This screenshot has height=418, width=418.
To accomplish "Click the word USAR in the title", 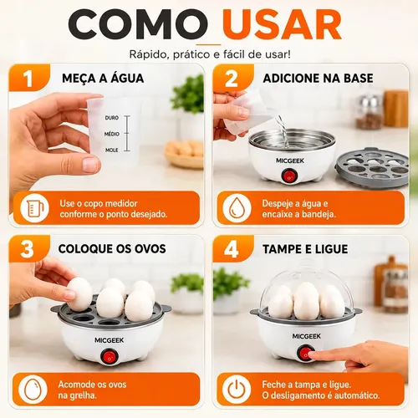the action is pos(282,24).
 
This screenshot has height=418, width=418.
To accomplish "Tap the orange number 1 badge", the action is pos(28,79).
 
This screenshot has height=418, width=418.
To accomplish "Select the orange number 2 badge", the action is pos(232,79).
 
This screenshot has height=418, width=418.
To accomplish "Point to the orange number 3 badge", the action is pos(28,249).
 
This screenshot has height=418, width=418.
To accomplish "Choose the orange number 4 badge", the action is pos(232,249).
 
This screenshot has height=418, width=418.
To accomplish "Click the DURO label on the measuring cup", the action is pos(112,118).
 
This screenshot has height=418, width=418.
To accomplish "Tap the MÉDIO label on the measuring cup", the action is pos(112,134).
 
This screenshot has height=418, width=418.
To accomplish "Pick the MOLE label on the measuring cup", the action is pos(112,150).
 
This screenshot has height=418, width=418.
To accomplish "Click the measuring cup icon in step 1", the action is pos(35,208).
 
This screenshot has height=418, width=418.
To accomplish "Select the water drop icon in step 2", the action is pos(237,208).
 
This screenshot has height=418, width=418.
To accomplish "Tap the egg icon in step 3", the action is pos(33,390).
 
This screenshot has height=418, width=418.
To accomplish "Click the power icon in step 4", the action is pos(237,390).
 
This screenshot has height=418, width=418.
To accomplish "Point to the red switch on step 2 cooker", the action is pos(289,176).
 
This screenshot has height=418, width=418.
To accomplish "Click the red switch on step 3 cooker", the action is pos(109,356).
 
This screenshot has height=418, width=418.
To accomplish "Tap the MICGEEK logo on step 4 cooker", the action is pos(307,336).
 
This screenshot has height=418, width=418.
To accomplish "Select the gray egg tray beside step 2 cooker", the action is pos(372,167).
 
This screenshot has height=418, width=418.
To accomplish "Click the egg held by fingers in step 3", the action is pos(80,294).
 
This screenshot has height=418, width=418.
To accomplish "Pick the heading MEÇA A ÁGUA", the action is pos(103,79).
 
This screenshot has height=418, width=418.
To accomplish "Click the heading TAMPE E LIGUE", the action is pos(305,249).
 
